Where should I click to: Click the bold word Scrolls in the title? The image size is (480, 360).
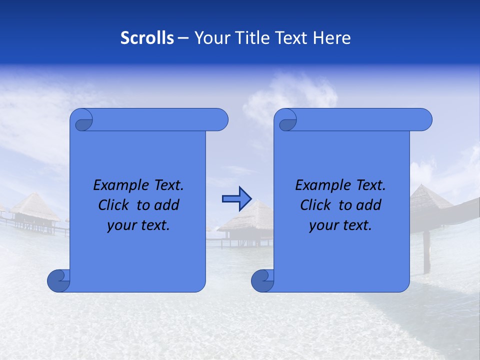147,38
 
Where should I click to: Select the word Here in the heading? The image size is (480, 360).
331,38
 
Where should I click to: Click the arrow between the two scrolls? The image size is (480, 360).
236,199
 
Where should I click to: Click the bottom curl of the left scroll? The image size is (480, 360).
58,280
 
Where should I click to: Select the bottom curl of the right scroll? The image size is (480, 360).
262,280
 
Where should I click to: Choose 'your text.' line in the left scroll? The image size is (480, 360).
138,225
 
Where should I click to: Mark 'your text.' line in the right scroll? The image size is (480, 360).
340,225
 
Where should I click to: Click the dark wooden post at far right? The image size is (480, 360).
426,252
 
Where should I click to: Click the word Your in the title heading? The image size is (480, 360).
212,38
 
